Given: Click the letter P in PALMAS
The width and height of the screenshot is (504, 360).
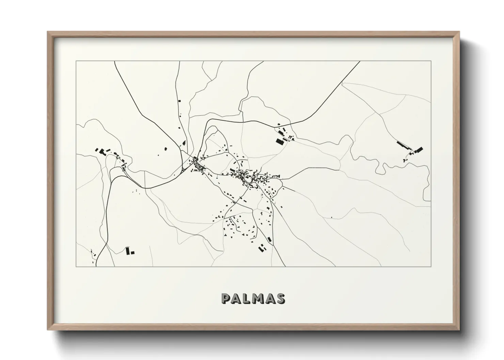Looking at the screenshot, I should coord(226,299).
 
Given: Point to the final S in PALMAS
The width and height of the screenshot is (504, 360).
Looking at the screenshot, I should coord(281,299).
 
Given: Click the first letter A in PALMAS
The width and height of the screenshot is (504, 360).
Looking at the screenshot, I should coord(237,299).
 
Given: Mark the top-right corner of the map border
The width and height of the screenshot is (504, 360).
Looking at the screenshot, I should coord(431,61).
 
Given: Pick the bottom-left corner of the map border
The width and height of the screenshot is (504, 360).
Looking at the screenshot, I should coord(76,266).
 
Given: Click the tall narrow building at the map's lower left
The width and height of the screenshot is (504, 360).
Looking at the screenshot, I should coord(128,251).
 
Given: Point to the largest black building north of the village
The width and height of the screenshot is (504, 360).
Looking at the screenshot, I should coord(280,141).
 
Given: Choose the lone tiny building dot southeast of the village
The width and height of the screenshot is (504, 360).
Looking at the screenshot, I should coord(331,217).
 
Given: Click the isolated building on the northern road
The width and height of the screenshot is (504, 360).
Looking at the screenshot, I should coord(178,101).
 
